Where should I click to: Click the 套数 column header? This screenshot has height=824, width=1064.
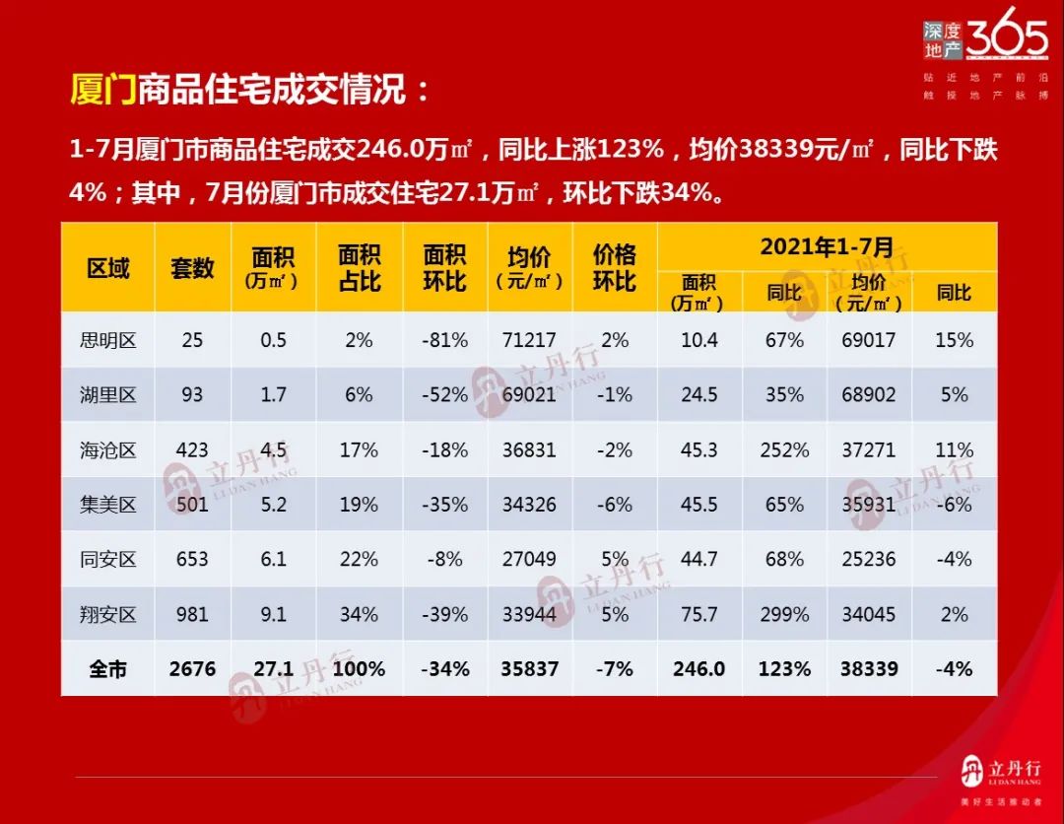192,268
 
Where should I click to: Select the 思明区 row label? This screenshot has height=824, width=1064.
107,340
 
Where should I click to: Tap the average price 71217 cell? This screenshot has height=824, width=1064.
528,340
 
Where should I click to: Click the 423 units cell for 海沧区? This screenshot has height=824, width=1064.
192,449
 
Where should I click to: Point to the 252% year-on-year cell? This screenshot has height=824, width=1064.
784,449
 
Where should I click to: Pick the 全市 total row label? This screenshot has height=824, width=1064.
107,668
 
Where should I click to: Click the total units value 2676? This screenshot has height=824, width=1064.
192,668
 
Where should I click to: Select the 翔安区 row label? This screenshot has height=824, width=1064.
107,614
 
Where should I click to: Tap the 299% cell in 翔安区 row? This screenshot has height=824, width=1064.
784,614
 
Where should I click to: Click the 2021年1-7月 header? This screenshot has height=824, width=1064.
827,246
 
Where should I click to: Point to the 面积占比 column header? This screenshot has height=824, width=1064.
359,268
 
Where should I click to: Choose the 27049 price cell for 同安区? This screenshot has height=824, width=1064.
528,559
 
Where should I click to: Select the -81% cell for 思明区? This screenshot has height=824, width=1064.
444,340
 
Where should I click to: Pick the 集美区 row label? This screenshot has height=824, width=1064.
107,505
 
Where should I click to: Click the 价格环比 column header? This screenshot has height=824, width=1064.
614,268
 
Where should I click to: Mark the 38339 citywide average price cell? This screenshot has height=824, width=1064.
869,668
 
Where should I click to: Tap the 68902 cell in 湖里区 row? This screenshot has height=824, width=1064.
869,395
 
